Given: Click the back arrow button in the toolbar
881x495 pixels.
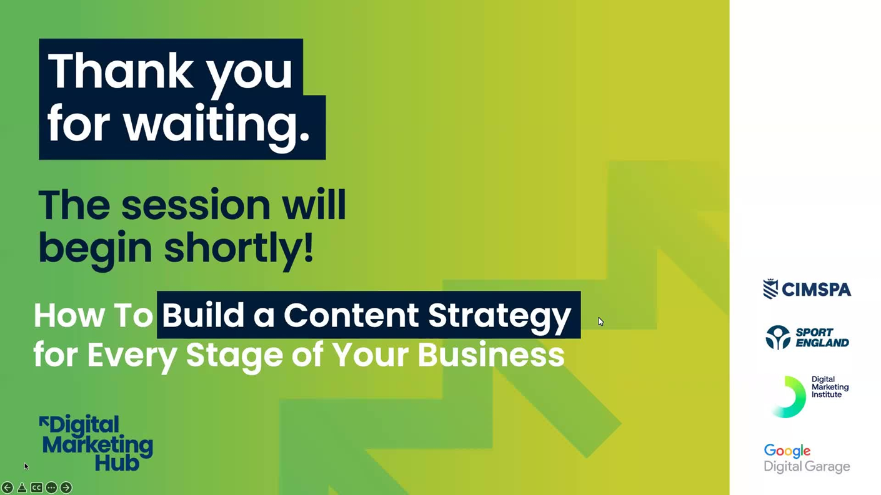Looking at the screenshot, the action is [7, 488].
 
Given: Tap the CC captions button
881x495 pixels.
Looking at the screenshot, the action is [37, 488].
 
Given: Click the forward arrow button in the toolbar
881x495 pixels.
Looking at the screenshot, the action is [66, 488].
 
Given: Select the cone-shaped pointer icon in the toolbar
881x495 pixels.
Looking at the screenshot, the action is [22, 488].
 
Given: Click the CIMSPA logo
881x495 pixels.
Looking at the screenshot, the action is [807, 289].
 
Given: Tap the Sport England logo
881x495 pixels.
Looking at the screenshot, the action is [807, 338].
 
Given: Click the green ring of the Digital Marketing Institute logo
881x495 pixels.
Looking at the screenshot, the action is [790, 397].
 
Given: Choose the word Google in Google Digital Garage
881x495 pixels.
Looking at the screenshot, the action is [787, 451].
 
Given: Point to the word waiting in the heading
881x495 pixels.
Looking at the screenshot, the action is [217, 123].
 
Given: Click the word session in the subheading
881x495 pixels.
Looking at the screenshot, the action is [196, 205].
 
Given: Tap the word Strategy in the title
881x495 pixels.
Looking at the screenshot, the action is [499, 316].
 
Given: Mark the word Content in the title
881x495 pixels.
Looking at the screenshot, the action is [351, 315].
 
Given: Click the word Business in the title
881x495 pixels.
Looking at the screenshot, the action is [491, 355].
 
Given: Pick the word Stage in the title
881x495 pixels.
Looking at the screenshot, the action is [234, 356].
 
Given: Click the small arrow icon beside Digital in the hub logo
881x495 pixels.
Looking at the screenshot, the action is [44, 421].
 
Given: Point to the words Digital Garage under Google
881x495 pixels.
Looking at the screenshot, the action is [807, 467].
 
